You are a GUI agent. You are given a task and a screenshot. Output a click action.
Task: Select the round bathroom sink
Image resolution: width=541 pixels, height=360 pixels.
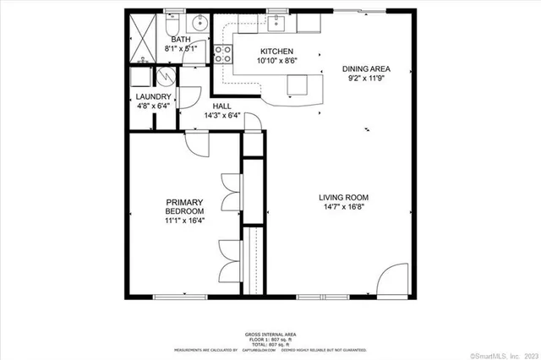tap(200, 23)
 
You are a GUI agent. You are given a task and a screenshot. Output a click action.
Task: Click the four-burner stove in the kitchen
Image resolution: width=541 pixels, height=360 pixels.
tap(224, 54)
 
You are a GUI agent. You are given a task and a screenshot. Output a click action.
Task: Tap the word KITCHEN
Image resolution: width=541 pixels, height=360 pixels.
tap(276, 52)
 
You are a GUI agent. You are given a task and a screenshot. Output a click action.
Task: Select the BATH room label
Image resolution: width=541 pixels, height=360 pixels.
tap(181, 40)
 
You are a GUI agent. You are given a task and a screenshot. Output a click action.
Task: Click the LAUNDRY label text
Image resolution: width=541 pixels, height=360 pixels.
tap(154, 97)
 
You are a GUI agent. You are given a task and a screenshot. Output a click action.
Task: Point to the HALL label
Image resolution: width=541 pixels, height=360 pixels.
tap(222, 106)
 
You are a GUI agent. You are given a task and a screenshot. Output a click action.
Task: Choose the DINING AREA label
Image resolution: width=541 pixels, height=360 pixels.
tap(366, 69)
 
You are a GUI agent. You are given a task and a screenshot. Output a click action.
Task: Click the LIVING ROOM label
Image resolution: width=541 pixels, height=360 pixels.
tap(343, 198)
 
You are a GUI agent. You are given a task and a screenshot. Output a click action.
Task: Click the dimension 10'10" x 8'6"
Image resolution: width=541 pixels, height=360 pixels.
tap(276, 62)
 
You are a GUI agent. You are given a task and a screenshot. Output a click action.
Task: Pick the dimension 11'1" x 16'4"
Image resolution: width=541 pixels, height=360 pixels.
tap(184, 221)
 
